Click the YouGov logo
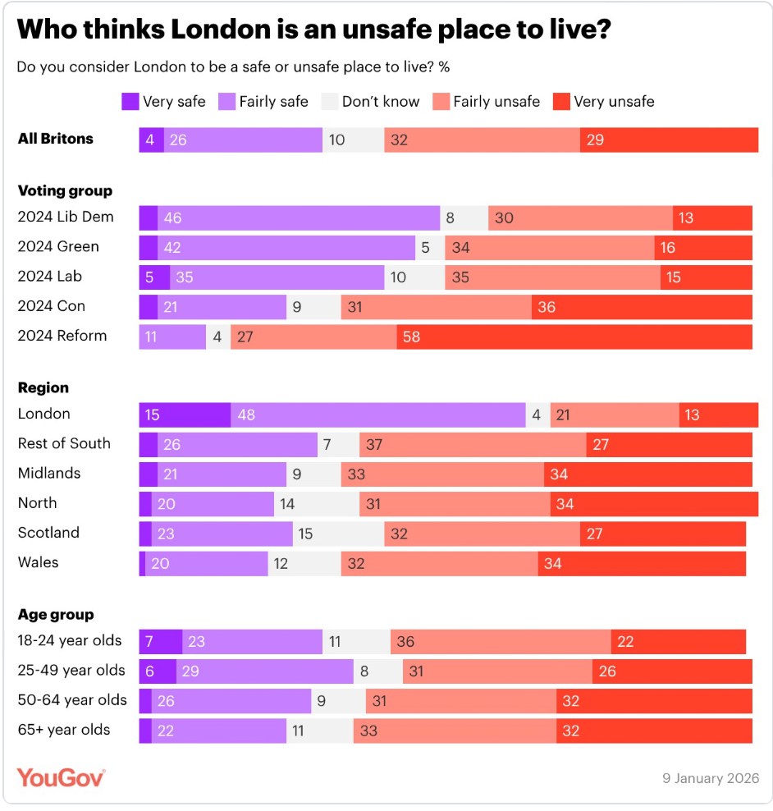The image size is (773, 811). [62, 777]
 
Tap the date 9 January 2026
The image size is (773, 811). [711, 778]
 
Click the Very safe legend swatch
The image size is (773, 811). [130, 102]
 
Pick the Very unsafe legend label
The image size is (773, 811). [614, 102]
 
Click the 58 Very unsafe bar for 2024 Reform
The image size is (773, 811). [574, 337]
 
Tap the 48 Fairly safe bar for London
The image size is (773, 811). [378, 415]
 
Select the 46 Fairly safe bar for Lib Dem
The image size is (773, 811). [299, 218]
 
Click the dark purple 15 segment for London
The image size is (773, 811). [185, 415]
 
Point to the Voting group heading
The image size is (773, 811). [65, 191]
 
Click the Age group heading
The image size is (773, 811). [56, 615]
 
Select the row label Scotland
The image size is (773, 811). [48, 533]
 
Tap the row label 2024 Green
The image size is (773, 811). [58, 247]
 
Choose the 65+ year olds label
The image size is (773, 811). [64, 730]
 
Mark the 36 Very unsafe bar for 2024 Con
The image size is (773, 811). [642, 307]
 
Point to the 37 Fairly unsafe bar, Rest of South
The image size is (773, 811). [473, 445]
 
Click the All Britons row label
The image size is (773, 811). [56, 140]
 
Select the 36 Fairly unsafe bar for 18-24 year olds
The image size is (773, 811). [501, 642]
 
